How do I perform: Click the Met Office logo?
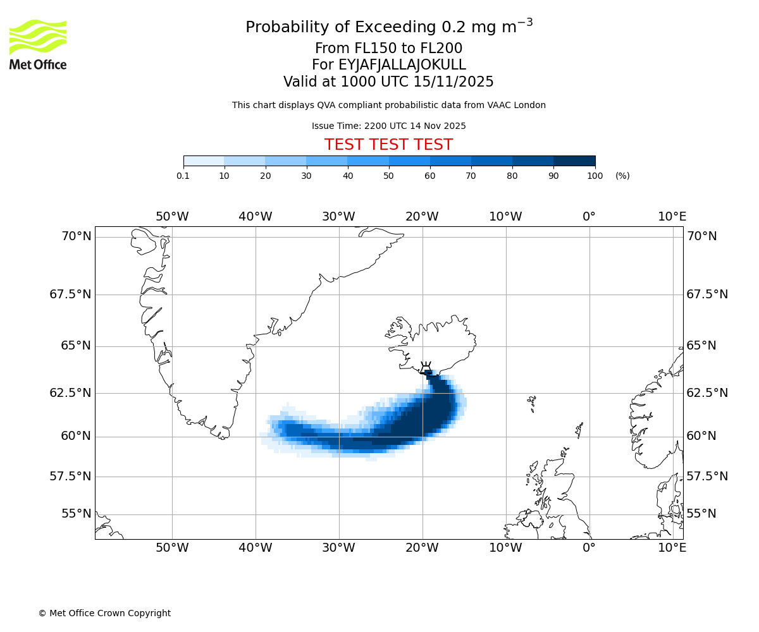coord(38,44)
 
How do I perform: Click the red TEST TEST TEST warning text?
coord(388,145)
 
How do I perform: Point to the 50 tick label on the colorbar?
coord(388,176)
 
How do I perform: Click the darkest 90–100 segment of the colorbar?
coord(574,161)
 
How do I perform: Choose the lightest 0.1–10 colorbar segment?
coord(204,161)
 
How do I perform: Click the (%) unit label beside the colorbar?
coord(622,176)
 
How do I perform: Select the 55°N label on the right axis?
coord(701,514)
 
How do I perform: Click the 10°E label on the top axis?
coord(672,217)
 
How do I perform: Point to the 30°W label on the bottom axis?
coord(338,547)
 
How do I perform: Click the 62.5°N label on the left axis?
coord(70,392)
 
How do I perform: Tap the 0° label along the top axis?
coord(589,217)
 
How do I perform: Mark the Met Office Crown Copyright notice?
coord(104,613)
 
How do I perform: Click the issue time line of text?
coord(388,126)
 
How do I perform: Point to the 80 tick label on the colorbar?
coord(512,176)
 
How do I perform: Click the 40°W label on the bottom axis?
coord(255,547)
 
